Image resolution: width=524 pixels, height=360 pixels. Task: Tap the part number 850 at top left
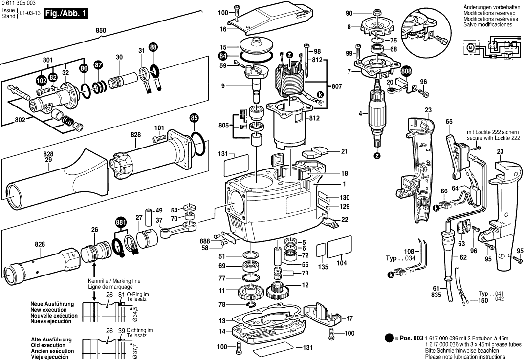pos(101,31)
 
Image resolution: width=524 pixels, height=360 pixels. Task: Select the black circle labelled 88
pos(153,47)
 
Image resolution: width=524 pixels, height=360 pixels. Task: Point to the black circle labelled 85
pos(194,118)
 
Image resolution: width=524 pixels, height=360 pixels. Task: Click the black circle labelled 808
pos(406,72)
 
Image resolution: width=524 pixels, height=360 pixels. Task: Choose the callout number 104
pos(342,263)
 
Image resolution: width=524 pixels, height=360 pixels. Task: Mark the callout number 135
pos(323,267)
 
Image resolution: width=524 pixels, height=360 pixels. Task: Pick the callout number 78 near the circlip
pos(222,304)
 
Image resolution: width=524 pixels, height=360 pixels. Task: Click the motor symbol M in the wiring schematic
pos(470,47)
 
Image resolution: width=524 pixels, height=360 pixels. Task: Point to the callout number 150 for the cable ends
pos(483,301)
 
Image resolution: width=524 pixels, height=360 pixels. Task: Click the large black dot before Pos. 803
pos(389,338)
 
